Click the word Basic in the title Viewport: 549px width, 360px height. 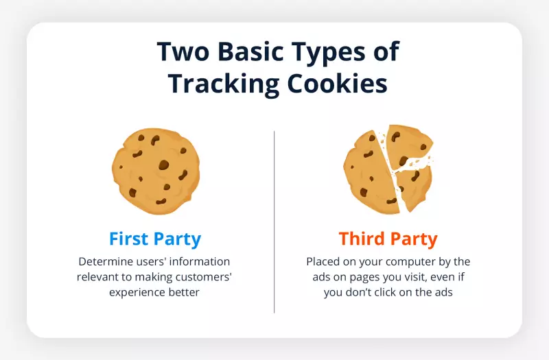click(250, 51)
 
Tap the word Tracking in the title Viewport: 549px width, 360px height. click(224, 84)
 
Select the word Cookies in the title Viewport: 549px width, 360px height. click(337, 84)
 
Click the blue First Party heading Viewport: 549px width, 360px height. click(155, 239)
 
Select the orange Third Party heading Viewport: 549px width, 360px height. click(388, 239)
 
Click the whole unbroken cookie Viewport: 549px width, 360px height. click(156, 171)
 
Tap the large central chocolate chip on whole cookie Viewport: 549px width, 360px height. click(163, 165)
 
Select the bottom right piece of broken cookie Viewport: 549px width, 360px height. click(416, 187)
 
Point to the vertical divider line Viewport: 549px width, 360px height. click(274, 221)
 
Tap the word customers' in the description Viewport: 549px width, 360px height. click(203, 277)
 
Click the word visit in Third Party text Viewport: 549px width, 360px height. click(416, 277)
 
